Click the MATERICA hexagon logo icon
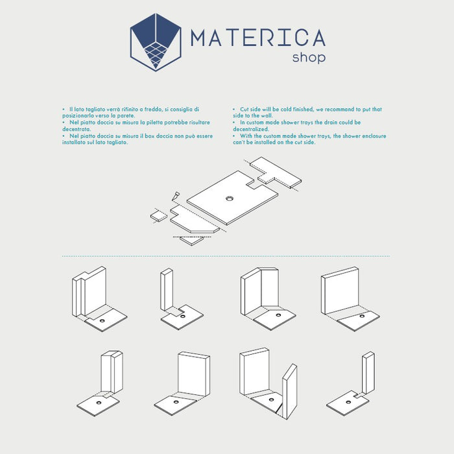pos(156,42)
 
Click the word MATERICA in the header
pos(258,38)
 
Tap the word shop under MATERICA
pos(309,57)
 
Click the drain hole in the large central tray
pos(230,198)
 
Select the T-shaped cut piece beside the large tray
pos(276,173)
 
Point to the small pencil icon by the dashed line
pos(176,196)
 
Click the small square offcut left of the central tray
pos(159,216)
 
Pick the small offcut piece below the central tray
pos(192,241)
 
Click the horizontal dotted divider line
pos(226,256)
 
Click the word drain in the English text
pos(331,123)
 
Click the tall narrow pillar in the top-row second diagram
pos(167,290)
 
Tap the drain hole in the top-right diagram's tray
pos(362,316)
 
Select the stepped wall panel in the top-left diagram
pos(89,291)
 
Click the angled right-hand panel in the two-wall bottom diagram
pos(289,392)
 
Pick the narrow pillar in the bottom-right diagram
pos(368,373)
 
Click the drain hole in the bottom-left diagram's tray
pos(99,403)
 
